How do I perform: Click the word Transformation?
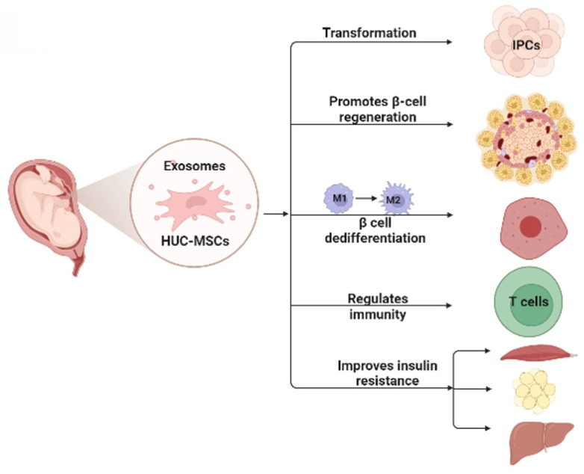[x=369, y=33]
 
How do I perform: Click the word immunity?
[x=378, y=315]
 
